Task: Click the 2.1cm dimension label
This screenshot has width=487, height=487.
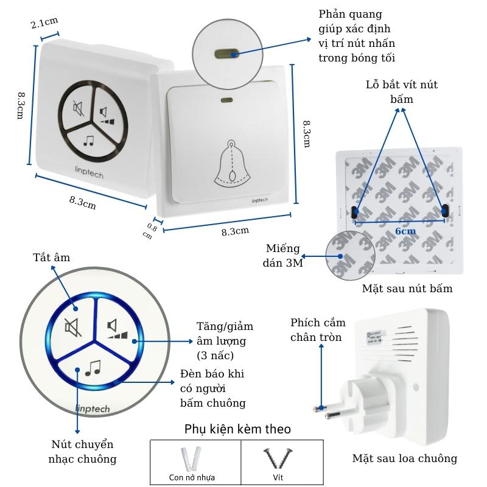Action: (43, 24)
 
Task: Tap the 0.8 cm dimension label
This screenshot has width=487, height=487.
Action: (149, 231)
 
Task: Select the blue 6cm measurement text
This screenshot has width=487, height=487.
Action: (405, 231)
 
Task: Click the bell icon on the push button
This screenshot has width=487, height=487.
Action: (231, 163)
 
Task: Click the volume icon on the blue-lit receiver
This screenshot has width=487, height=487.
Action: (118, 329)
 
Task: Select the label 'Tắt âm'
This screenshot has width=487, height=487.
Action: (51, 258)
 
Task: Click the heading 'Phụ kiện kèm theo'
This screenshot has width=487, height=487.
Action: (237, 429)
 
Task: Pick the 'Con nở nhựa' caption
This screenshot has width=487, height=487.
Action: (192, 477)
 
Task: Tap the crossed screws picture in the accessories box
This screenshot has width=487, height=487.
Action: (277, 458)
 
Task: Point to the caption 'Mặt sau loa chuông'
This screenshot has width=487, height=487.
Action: (404, 458)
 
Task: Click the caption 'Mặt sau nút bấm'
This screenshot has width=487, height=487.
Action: (407, 288)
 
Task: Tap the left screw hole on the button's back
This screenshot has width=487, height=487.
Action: (355, 211)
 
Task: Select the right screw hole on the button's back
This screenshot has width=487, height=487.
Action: (445, 211)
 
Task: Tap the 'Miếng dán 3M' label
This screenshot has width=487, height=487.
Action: (283, 256)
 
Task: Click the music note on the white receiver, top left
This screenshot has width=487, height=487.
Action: (89, 141)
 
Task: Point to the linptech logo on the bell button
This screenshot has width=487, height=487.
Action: (261, 200)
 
